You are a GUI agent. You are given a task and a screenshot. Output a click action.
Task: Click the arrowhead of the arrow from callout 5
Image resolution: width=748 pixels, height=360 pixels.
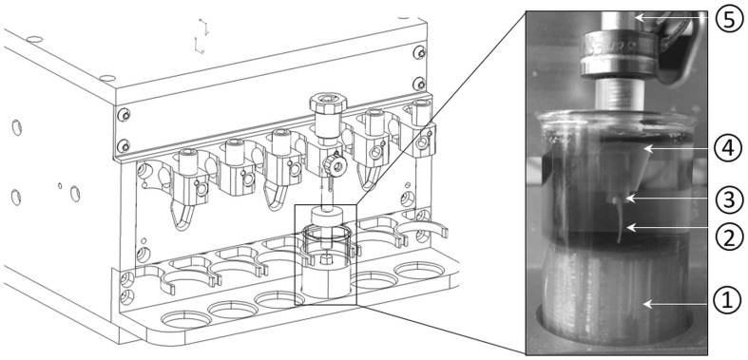coord(639,18)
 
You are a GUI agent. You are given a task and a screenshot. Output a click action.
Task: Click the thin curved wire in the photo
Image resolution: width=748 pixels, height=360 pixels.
coord(620,222)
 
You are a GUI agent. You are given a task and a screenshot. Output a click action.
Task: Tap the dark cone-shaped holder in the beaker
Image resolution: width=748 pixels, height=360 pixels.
coord(623,169)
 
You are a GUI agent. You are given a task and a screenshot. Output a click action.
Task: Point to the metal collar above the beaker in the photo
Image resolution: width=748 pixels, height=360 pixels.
coord(618,55)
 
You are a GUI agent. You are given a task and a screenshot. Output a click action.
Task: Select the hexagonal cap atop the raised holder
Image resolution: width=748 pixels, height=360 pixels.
coord(327,103)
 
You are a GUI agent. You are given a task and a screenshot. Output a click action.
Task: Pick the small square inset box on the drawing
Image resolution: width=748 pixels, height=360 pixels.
coord(325,256)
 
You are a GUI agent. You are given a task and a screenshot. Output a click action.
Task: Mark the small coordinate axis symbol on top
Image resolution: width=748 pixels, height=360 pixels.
coord(201,36)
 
